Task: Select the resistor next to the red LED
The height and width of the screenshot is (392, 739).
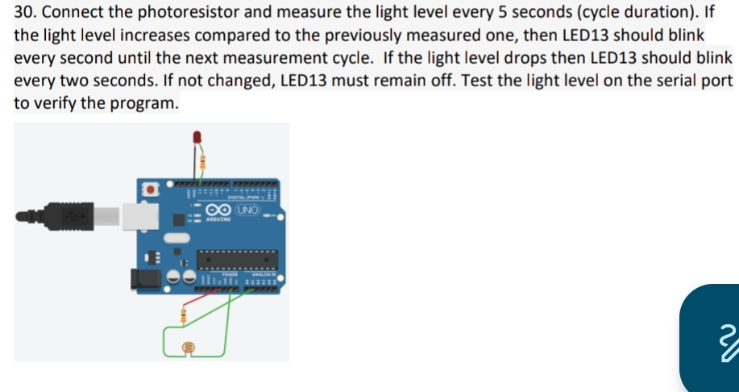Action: coord(202,161)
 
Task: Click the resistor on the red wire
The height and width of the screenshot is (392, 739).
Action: coord(185,315)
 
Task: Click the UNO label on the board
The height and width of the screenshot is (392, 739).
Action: coord(248,210)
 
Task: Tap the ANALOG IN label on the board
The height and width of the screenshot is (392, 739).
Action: coord(264,274)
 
